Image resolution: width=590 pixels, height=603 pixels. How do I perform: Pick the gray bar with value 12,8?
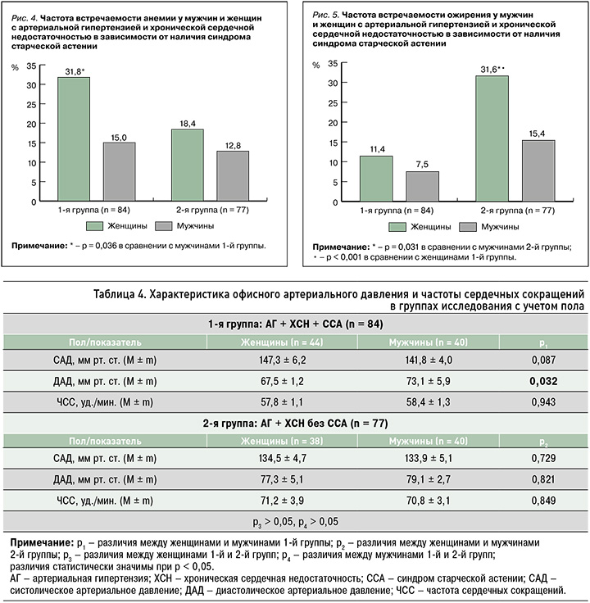(232, 176)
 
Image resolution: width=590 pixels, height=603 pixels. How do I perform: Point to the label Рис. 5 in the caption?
(328, 16)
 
